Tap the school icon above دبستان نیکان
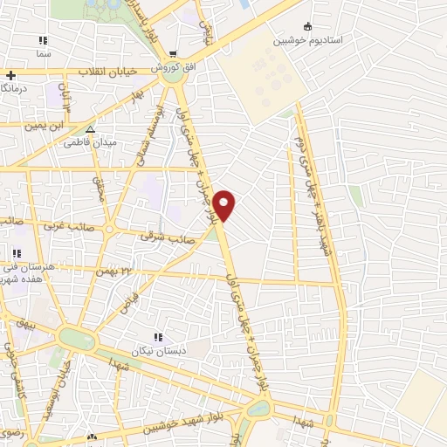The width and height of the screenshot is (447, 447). [157, 337]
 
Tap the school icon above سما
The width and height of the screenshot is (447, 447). [40, 41]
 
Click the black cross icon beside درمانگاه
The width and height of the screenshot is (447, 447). [10, 75]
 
